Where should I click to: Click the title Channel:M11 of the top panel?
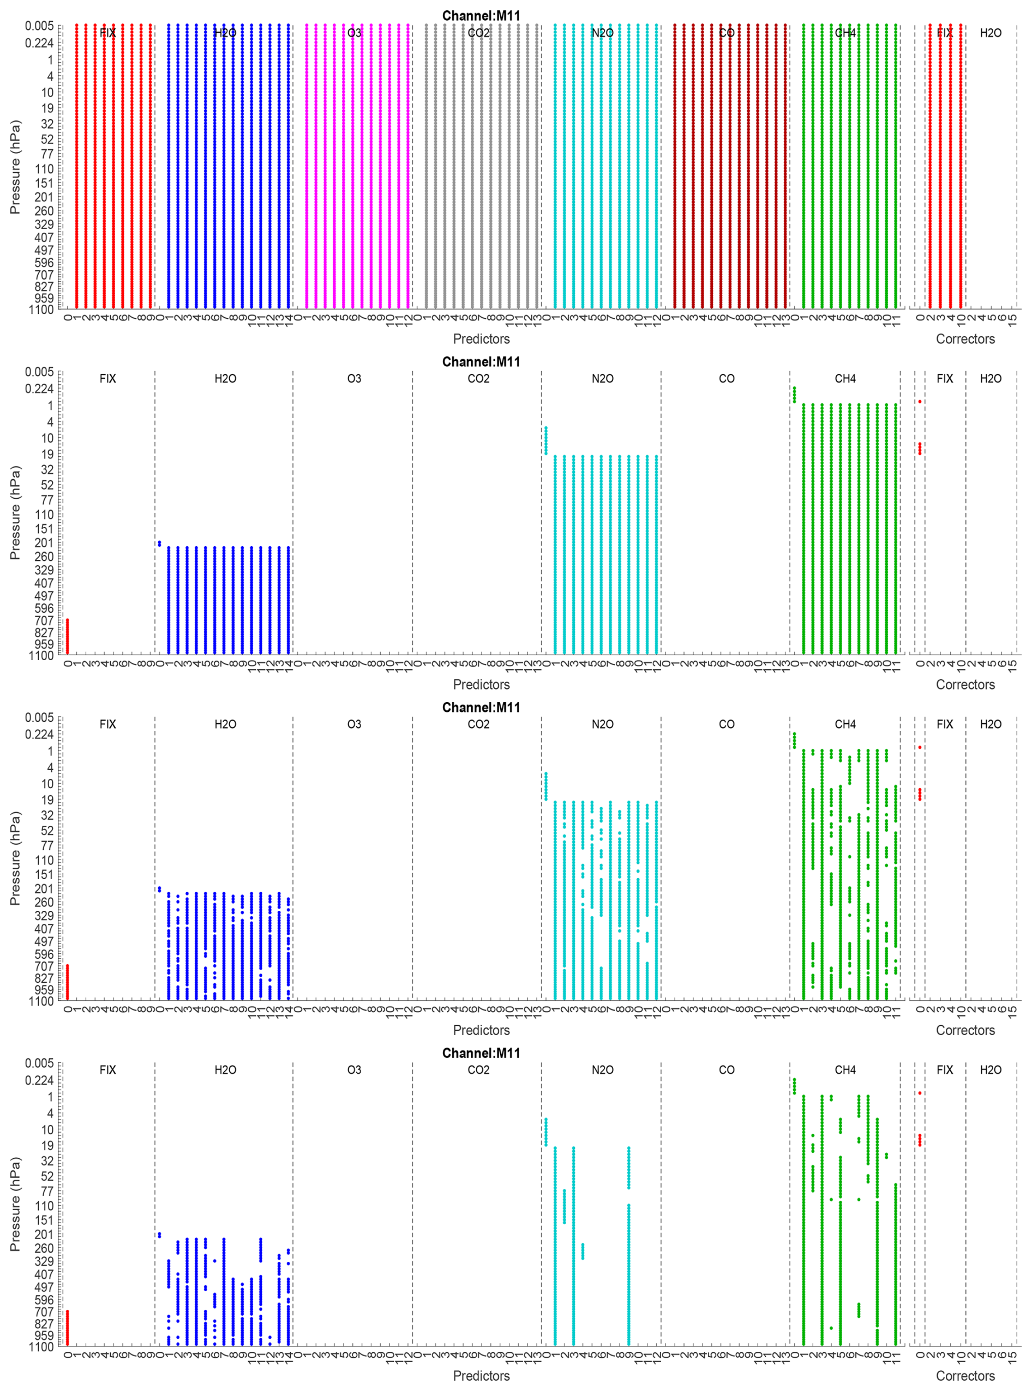pos(481,16)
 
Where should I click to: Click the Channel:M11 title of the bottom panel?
pos(481,1053)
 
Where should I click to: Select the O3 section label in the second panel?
pos(353,378)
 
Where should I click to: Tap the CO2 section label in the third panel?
pos(478,724)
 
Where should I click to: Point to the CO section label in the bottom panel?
pos(727,1070)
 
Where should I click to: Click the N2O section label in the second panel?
pos(602,378)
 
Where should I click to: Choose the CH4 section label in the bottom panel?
pos(844,1070)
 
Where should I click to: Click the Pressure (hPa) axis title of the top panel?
pos(15,167)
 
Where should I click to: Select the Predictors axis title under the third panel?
pos(481,1030)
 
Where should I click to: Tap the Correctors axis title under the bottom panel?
pos(964,1376)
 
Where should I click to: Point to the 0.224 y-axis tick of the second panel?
pos(39,389)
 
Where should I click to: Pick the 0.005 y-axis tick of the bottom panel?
pos(39,1063)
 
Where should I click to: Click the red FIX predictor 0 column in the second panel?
pos(68,637)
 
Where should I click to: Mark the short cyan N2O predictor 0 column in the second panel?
pos(545,441)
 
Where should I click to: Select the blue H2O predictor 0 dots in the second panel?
pos(159,543)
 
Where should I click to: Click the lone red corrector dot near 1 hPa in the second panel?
pos(920,402)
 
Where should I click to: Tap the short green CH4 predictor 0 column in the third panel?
pos(794,740)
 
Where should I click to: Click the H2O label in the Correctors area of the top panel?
pos(990,33)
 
